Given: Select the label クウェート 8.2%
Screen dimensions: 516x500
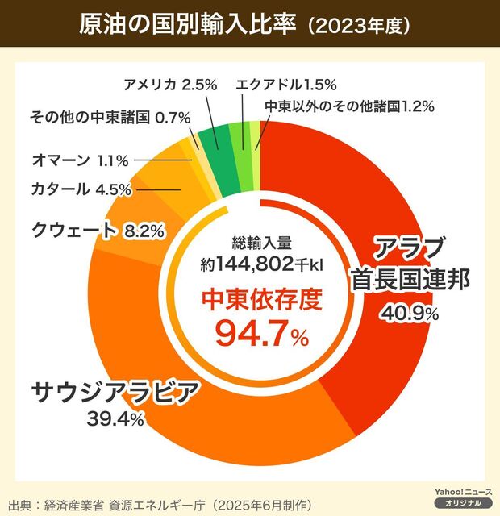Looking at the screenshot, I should pyautogui.click(x=98, y=231).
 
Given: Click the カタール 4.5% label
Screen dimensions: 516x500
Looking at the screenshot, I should pyautogui.click(x=80, y=191).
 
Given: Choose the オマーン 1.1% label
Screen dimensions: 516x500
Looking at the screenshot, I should pyautogui.click(x=80, y=160).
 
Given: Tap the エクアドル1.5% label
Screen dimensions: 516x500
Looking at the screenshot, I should pyautogui.click(x=286, y=84).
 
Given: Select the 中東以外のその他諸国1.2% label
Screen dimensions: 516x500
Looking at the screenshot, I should pyautogui.click(x=350, y=105).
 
